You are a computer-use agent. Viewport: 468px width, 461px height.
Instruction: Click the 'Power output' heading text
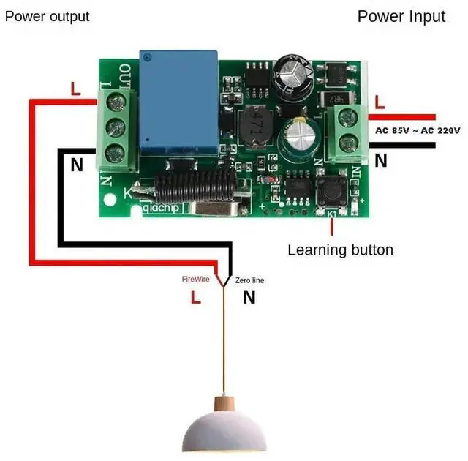pos(48,16)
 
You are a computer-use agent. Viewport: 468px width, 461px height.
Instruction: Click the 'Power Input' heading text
pos(401,16)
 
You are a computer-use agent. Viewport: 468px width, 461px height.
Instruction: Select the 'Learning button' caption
pos(340,250)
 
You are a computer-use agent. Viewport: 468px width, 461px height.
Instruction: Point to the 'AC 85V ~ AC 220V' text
pos(418,130)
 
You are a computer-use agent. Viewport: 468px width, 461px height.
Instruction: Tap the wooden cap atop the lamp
pos(225,403)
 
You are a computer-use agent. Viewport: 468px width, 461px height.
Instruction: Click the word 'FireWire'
pos(196,280)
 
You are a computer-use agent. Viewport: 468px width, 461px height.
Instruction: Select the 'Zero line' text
pos(249,280)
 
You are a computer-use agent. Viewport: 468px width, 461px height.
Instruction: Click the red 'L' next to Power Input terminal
pos(379,102)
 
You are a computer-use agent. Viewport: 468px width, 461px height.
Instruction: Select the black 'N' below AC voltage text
pos(380,161)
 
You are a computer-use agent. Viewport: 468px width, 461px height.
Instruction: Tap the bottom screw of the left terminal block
pos(113,154)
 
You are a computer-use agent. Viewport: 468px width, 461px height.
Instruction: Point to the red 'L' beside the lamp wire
pos(195,297)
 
